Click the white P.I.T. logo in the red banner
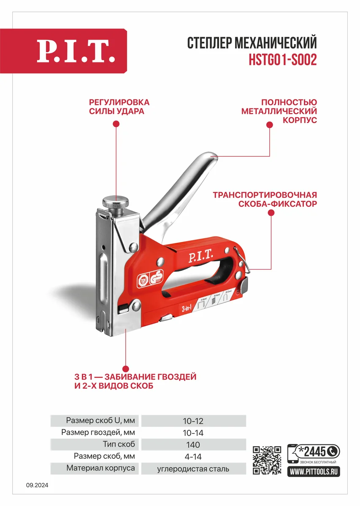tap(76, 51)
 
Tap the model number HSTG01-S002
tap(282, 61)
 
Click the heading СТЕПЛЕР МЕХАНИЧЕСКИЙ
tap(252, 43)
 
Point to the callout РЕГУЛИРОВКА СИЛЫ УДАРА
tap(119, 107)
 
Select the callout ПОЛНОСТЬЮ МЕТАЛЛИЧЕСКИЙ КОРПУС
tap(279, 111)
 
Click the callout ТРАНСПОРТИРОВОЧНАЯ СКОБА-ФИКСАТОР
tap(265, 199)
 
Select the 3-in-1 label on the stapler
tap(187, 309)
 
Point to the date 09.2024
tap(37, 485)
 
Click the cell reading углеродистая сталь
tap(193, 468)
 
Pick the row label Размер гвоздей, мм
tap(98, 433)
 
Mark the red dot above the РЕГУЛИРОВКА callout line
tap(116, 124)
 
